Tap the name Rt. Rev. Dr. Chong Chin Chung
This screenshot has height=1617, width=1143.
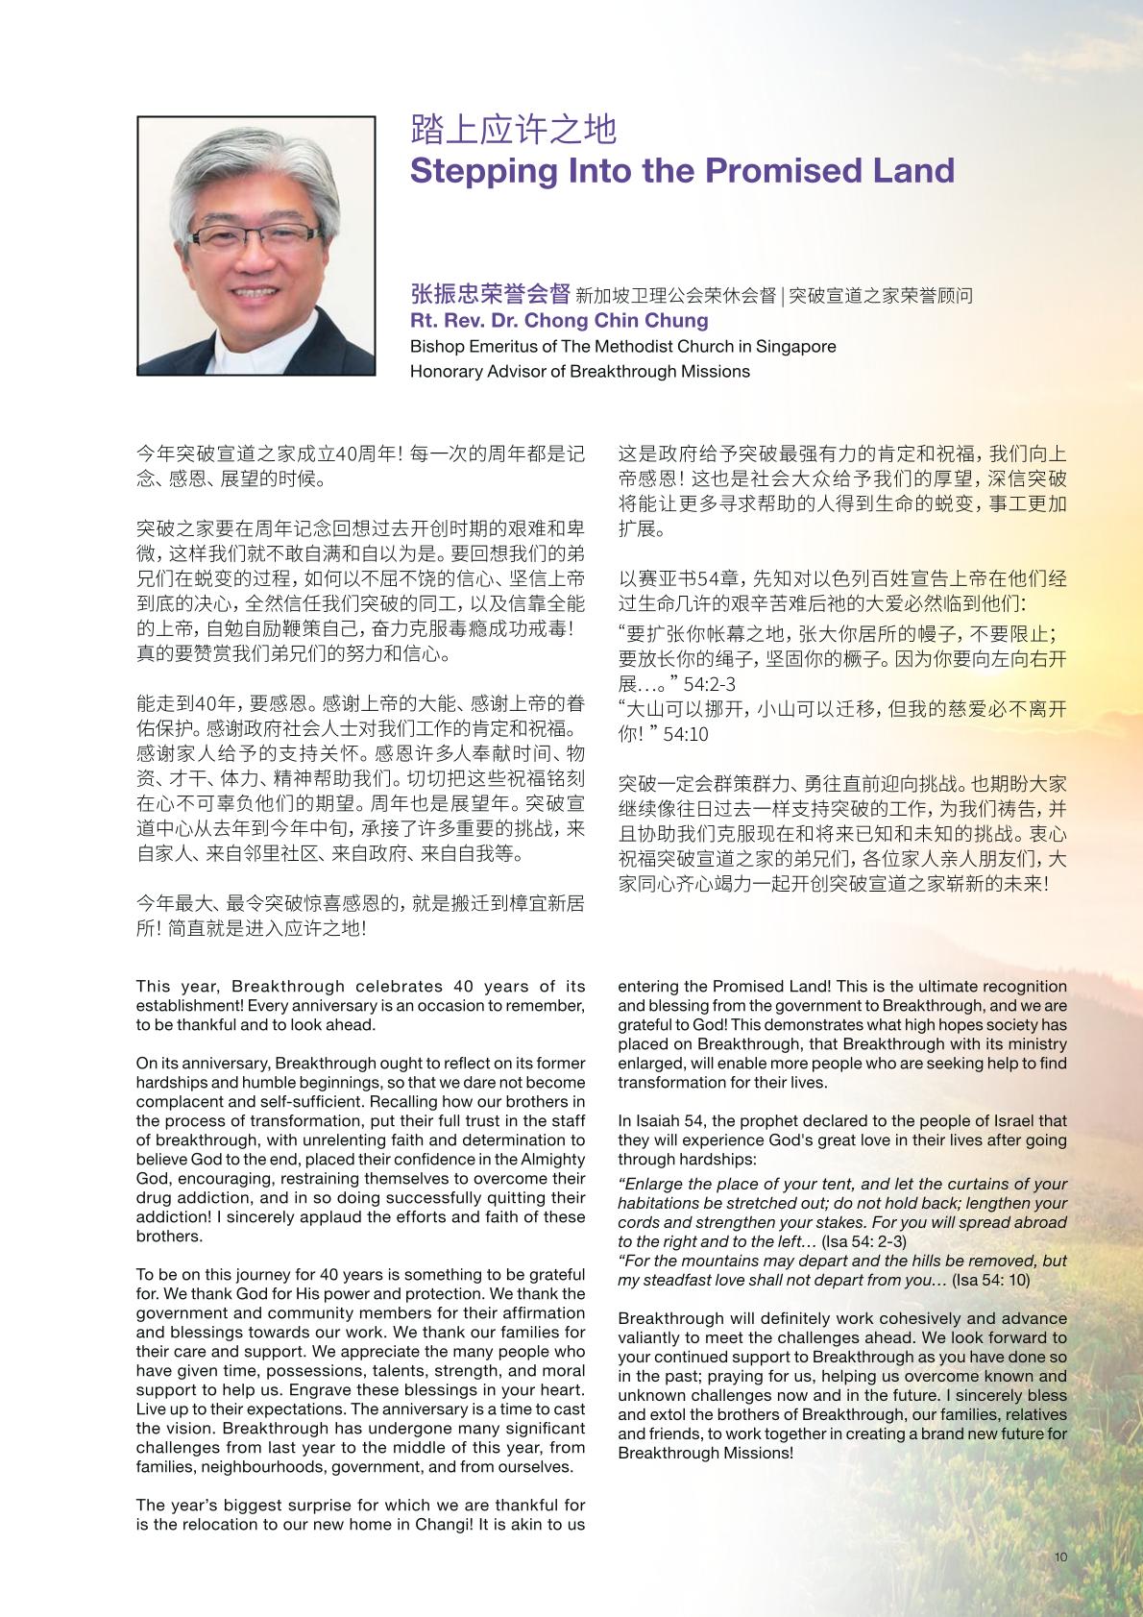coord(559,321)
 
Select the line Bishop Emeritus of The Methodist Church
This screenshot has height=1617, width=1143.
coord(622,347)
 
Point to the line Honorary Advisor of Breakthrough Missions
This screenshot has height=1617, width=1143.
coord(579,372)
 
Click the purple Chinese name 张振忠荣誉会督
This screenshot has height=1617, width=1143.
coord(490,294)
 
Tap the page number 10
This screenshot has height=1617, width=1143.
coord(1060,1557)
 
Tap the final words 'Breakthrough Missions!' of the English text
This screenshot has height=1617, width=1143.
coord(706,1453)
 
